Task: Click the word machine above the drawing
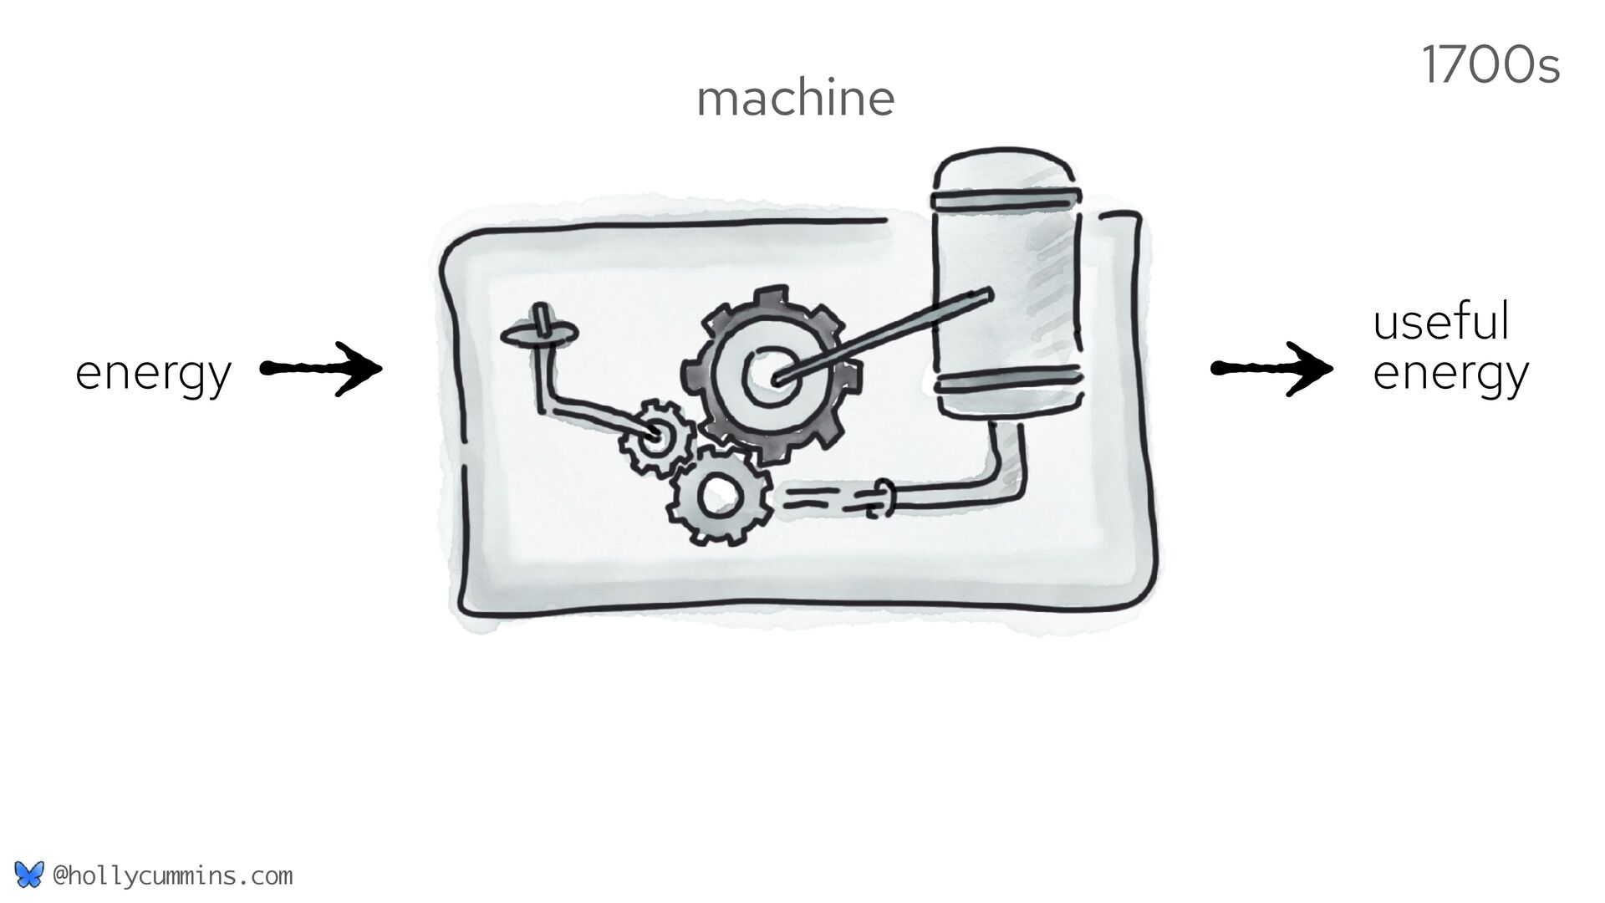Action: point(795,99)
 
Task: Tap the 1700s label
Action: point(1490,67)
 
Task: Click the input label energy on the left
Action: point(153,373)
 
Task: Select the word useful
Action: point(1440,322)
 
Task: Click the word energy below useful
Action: point(1450,373)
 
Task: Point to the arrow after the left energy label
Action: point(322,368)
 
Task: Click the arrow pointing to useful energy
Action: point(1272,368)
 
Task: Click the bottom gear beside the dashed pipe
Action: point(717,497)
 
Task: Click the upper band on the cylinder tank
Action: point(1008,201)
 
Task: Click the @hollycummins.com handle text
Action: point(172,875)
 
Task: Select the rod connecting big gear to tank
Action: point(886,334)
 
